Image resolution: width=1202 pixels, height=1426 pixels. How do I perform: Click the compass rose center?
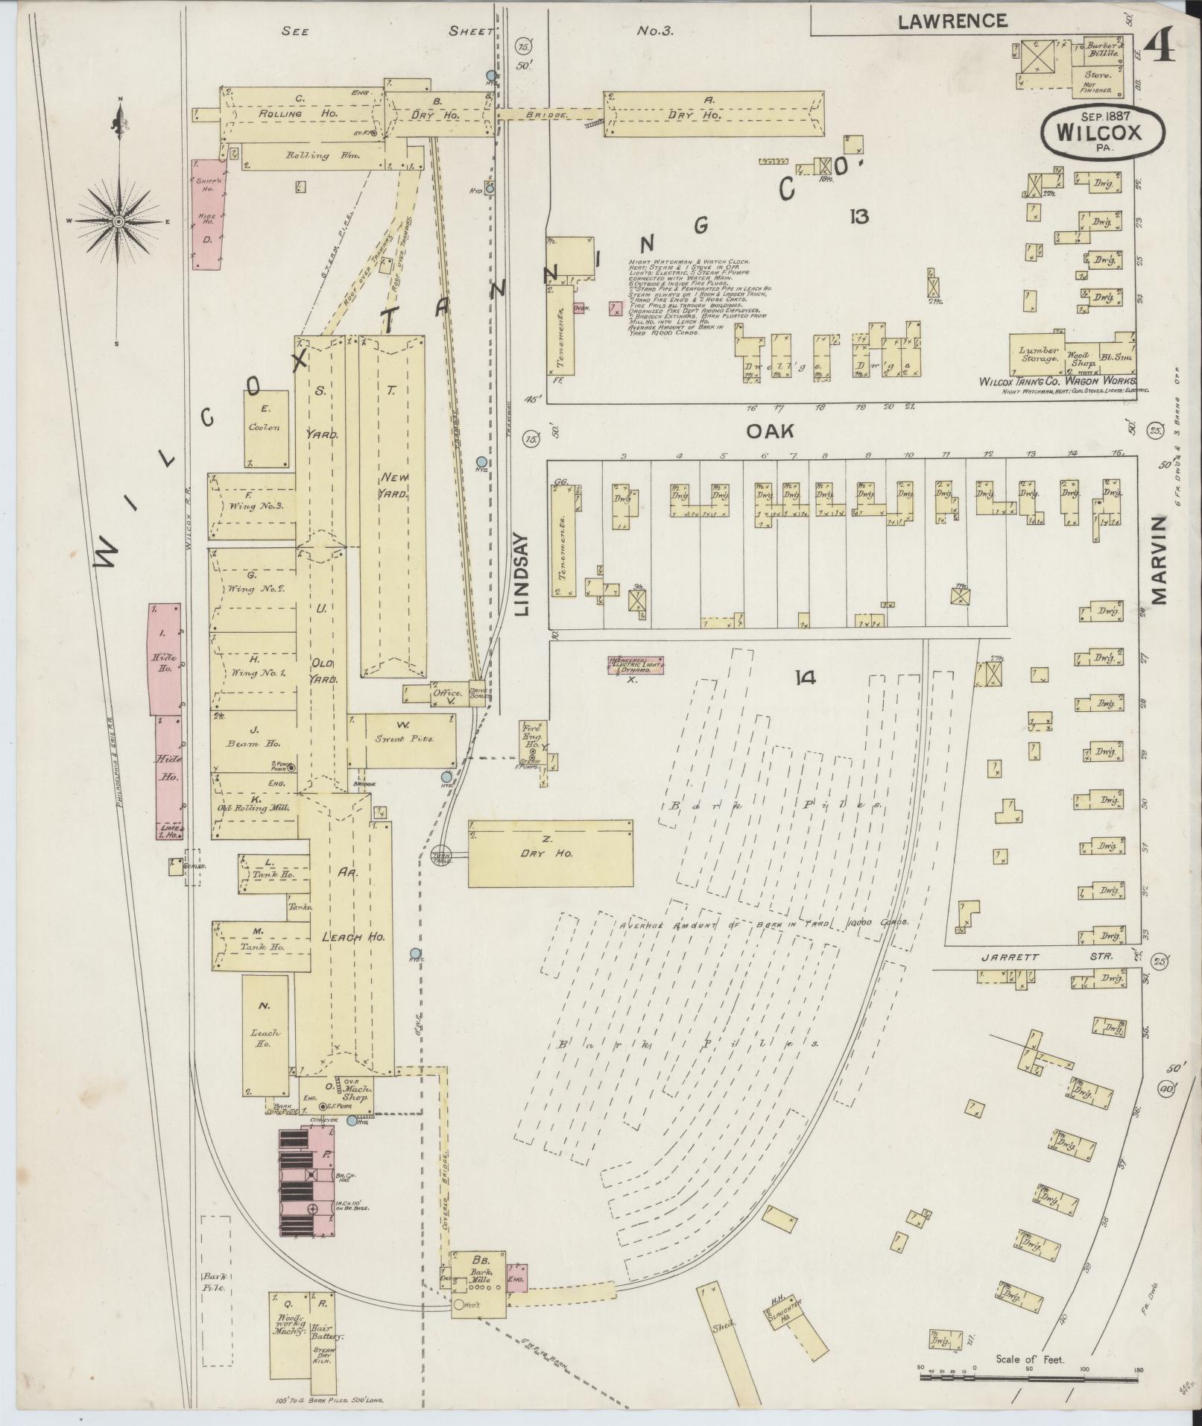point(118,222)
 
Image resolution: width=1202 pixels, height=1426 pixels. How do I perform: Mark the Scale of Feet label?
point(1030,1359)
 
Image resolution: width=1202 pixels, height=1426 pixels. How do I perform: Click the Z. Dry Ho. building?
point(550,854)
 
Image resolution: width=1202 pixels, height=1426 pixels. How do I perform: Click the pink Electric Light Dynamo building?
point(636,666)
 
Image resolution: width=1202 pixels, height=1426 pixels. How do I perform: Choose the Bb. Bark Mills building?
point(479,1281)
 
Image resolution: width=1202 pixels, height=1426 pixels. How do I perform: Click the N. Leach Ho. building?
point(265,1036)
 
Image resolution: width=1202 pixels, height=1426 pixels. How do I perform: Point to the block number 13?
point(858,217)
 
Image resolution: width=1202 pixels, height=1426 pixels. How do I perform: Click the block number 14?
point(806,678)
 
